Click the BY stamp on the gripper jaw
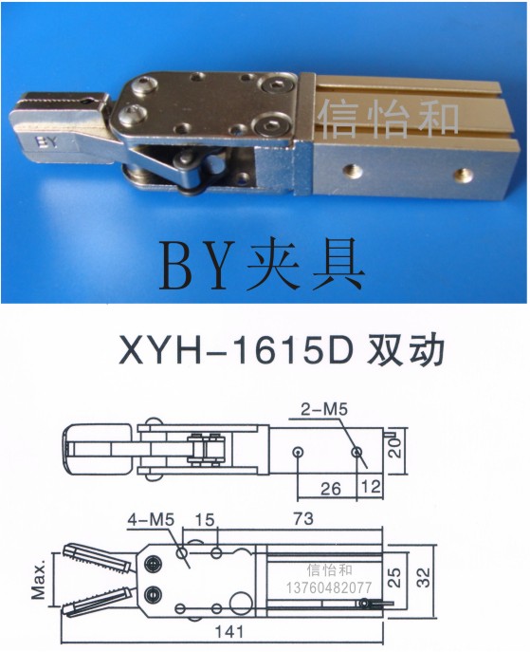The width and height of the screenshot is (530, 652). pos(46,142)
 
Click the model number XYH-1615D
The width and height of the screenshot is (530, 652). pos(235,351)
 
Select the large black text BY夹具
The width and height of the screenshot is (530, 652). pos(262,265)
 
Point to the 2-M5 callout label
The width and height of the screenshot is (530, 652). pos(324,410)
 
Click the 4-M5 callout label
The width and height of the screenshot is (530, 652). pos(151,520)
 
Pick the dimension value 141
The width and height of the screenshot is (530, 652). pos(229,632)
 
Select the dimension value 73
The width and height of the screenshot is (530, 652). pos(303,518)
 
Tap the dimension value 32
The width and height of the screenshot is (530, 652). pos(423,577)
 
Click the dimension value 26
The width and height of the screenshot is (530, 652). pos(331,489)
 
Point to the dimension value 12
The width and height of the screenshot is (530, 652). pos(370,487)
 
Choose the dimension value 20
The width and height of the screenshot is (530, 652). pos(395,447)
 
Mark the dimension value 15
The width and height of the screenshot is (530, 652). pos(205,519)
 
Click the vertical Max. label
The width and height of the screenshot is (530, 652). pos(39,581)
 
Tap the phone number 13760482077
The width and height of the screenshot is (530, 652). pos(329,588)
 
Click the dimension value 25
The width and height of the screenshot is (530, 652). pos(395,577)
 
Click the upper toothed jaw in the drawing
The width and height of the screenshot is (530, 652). pos(99,557)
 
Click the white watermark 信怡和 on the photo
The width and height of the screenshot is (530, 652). pos(390,118)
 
